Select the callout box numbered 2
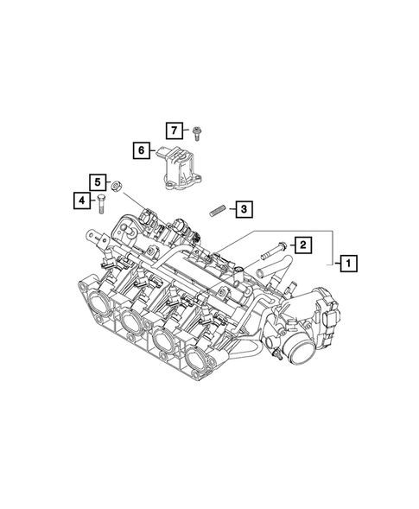pos(303,245)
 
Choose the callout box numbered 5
pos(98,182)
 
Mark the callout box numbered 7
pos(174,130)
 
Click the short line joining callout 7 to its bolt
pos(187,131)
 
